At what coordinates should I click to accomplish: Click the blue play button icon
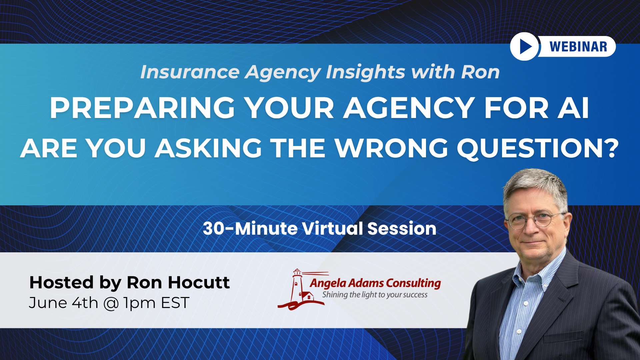[x=524, y=47]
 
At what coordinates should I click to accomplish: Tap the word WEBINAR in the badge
[x=578, y=47]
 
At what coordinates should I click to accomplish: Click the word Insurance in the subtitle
[x=190, y=72]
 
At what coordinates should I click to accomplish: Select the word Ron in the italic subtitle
[x=480, y=72]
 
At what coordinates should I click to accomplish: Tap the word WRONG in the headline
[x=392, y=148]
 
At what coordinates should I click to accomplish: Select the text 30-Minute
[x=250, y=229]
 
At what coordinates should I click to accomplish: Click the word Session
[x=402, y=229]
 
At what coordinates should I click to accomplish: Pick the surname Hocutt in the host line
[x=199, y=282]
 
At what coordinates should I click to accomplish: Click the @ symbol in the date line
[x=111, y=303]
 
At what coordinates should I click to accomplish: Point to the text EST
[x=175, y=303]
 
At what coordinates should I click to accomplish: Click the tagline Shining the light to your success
[x=375, y=295]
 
